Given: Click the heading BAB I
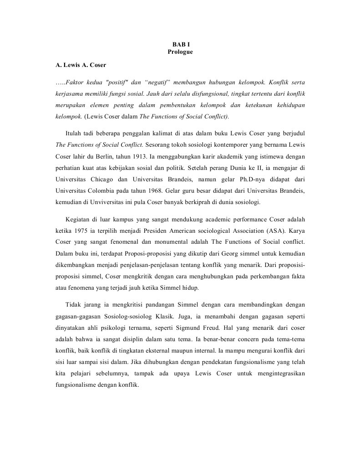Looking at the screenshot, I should pyautogui.click(x=180, y=44).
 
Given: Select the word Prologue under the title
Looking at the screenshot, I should pyautogui.click(x=180, y=52).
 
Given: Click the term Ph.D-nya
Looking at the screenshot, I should pyautogui.click(x=249, y=179).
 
